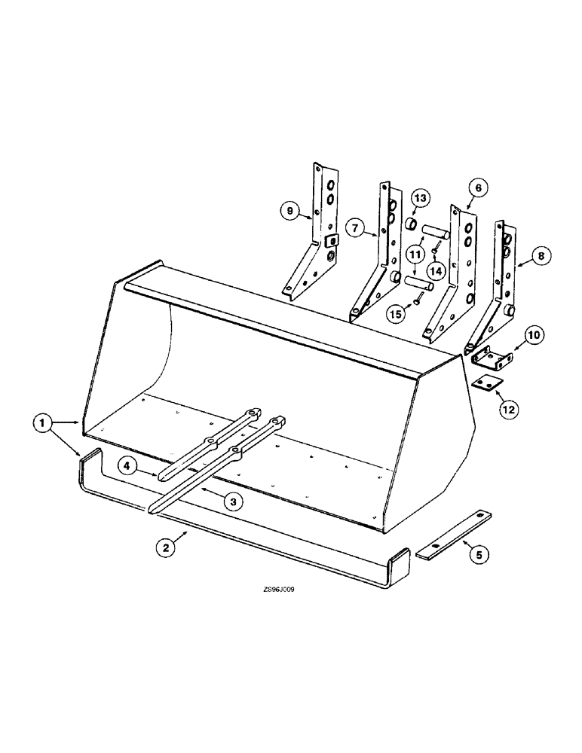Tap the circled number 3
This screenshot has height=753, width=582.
click(237, 501)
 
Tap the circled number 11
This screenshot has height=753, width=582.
click(415, 255)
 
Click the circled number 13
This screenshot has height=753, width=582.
click(421, 198)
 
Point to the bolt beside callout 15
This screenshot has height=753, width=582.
click(414, 303)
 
